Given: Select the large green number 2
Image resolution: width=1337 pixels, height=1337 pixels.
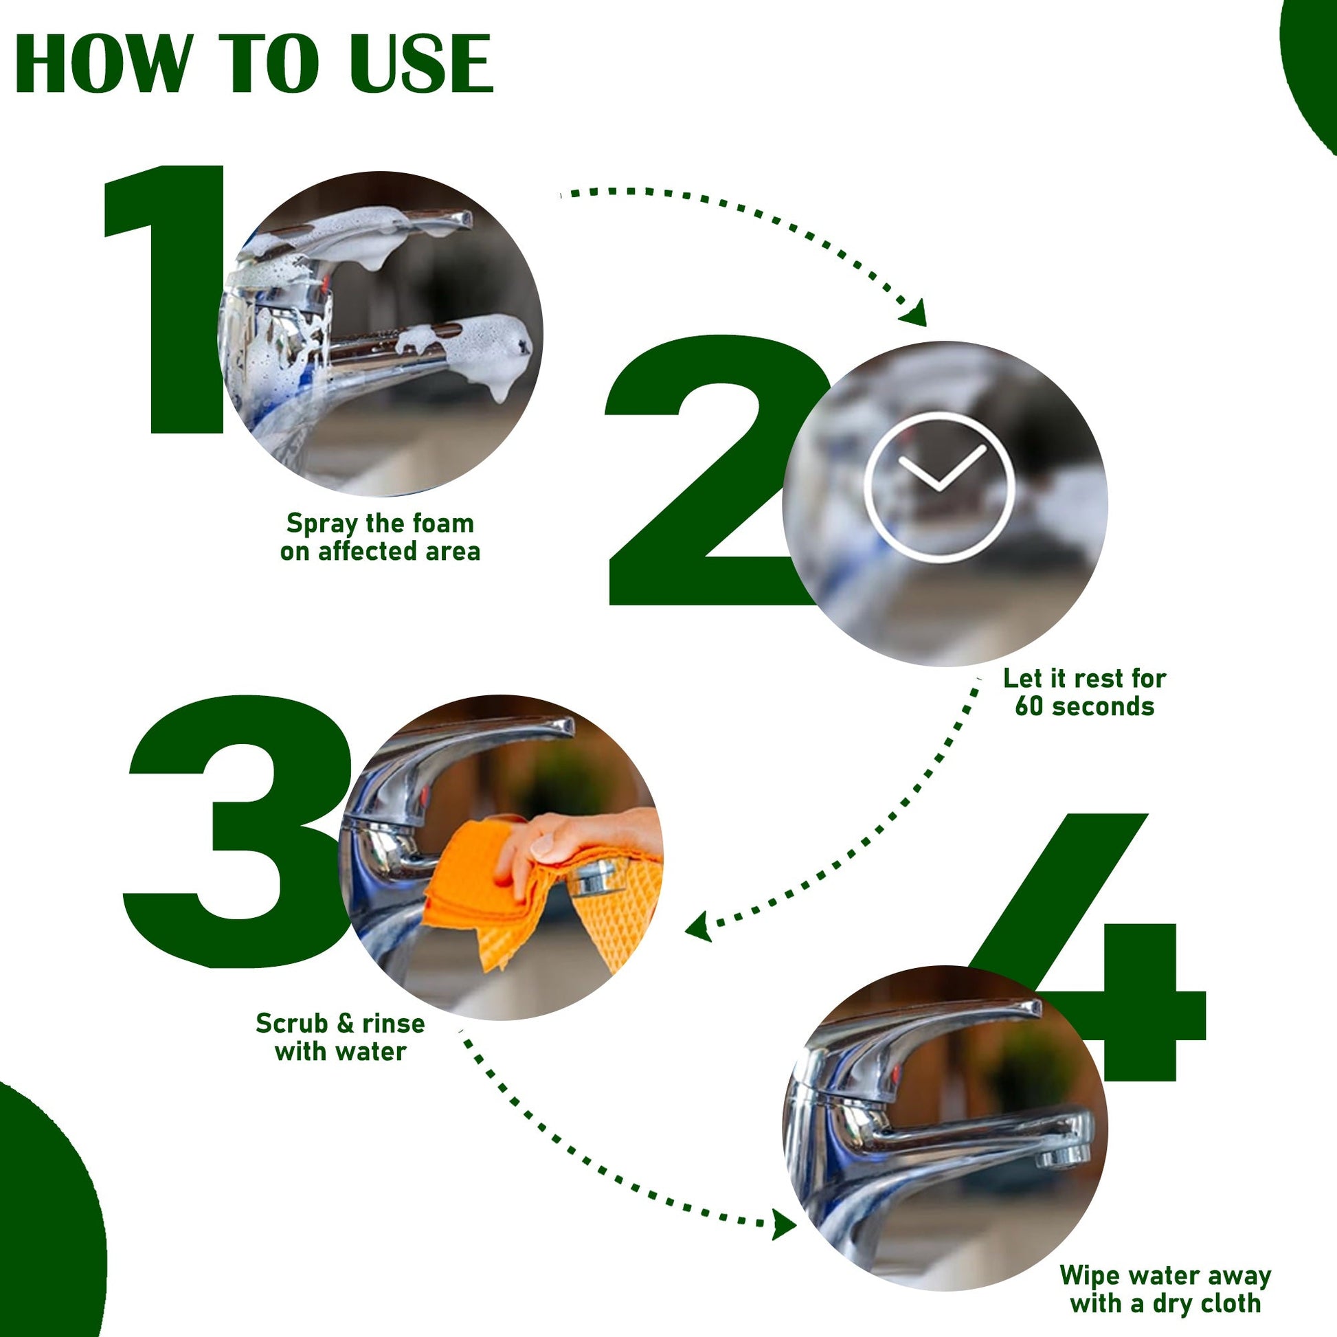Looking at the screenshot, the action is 712,471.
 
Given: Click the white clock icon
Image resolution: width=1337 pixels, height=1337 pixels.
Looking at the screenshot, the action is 939,486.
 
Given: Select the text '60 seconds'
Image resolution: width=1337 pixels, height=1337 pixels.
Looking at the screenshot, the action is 1084,706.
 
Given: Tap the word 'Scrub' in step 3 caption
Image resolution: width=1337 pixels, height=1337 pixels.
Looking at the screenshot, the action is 291,1023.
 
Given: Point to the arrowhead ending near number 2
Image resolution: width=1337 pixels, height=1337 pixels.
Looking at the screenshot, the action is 915,313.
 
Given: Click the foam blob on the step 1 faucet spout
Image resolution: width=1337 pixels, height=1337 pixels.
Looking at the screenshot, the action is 477,350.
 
